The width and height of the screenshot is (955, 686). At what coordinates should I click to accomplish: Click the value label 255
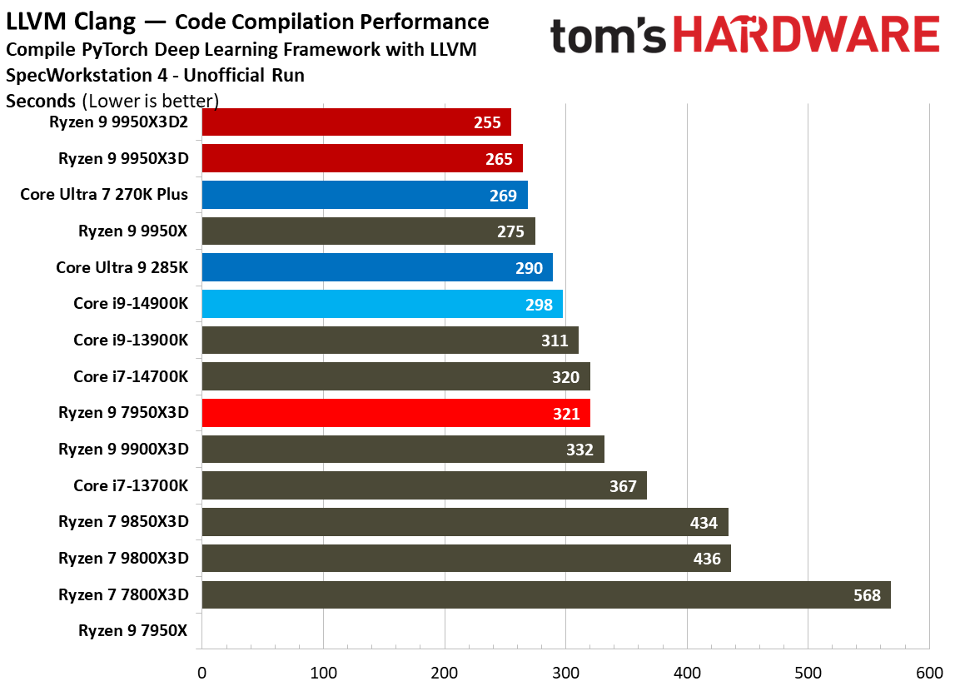pyautogui.click(x=487, y=122)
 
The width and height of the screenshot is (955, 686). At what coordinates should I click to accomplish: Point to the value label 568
pyautogui.click(x=867, y=595)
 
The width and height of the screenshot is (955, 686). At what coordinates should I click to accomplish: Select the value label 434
pyautogui.click(x=704, y=523)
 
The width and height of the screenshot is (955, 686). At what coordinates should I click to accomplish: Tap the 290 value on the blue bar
pyautogui.click(x=529, y=268)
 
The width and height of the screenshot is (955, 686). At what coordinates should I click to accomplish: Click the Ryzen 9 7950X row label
pyautogui.click(x=133, y=630)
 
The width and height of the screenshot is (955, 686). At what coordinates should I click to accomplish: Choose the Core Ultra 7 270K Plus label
pyautogui.click(x=104, y=195)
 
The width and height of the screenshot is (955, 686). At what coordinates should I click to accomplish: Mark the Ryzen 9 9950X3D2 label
pyautogui.click(x=123, y=122)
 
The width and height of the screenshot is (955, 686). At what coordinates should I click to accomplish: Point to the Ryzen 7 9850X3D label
pyautogui.click(x=123, y=522)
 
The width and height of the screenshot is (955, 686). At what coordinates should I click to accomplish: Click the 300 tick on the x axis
pyautogui.click(x=565, y=672)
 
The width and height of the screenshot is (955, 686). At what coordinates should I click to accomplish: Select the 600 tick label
pyautogui.click(x=928, y=672)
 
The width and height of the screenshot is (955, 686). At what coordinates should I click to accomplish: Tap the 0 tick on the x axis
pyautogui.click(x=201, y=672)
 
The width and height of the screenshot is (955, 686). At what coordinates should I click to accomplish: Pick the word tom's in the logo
pyautogui.click(x=608, y=37)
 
